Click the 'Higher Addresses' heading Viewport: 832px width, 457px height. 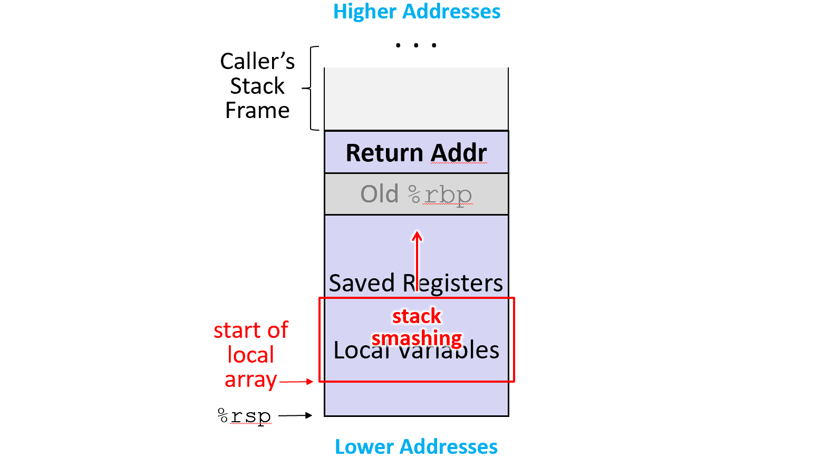coord(417,12)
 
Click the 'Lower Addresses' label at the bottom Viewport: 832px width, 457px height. coord(416,446)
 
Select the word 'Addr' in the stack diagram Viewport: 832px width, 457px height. coord(459,153)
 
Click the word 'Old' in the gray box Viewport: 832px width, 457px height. coord(379,194)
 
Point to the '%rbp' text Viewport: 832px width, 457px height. coord(441,195)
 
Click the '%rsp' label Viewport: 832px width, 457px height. coord(244,416)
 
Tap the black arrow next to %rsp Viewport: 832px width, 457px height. coord(295,416)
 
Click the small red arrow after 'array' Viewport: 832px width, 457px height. coord(296,382)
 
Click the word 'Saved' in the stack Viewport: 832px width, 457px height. coord(362,284)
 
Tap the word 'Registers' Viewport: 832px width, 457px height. coord(452,284)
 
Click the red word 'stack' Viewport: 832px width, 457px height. coord(417,316)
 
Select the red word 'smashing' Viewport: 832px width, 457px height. coord(417,338)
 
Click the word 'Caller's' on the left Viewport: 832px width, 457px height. coord(257,62)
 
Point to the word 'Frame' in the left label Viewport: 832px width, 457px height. coord(257,111)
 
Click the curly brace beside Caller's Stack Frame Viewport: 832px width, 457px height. coord(311,88)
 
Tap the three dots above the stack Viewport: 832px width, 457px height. coord(416,45)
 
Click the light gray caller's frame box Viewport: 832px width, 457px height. coord(416,99)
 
